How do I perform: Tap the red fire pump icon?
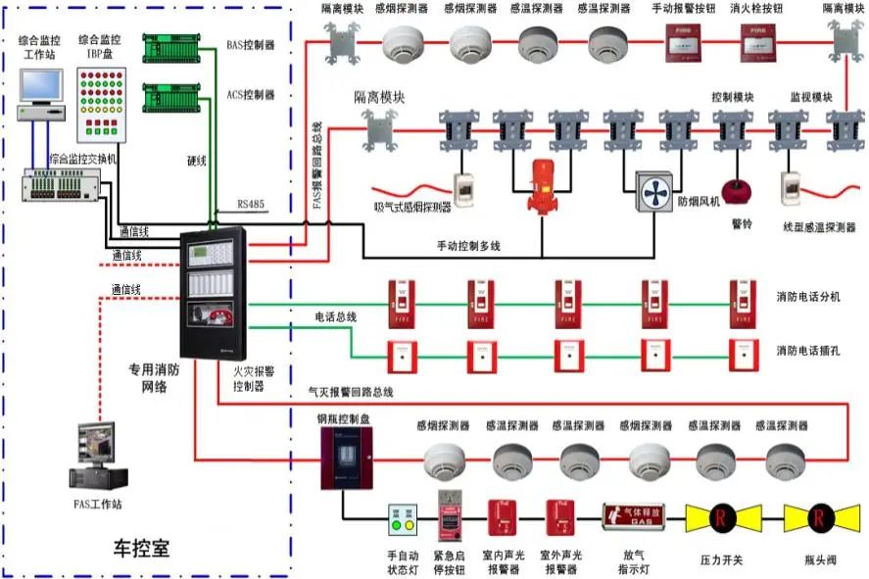541,186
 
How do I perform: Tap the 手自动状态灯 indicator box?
403,520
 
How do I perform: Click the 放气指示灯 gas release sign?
633,515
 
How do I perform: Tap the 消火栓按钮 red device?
755,42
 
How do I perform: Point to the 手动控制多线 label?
468,245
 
